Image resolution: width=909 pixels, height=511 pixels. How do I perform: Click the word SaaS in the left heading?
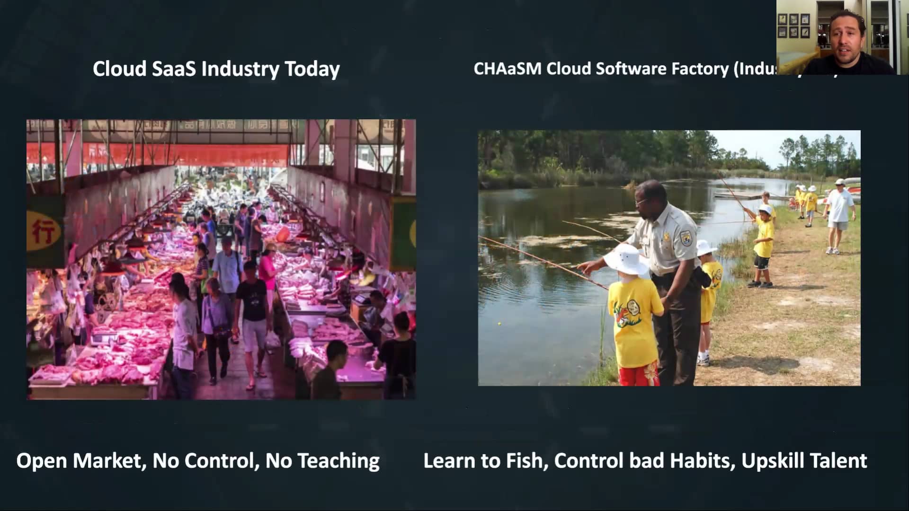coord(174,69)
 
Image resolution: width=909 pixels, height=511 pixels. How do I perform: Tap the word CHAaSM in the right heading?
coord(507,69)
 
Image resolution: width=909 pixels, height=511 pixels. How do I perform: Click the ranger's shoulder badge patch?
coord(686,237)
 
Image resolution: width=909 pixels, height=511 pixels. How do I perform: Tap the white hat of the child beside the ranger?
coord(626,259)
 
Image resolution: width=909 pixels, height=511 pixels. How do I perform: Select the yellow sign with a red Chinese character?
coord(45,231)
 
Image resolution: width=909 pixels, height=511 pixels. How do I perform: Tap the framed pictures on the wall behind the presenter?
coord(793,26)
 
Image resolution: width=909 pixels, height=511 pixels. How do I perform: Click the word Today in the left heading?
coord(312,69)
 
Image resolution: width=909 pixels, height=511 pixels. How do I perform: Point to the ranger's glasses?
coord(642,202)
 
